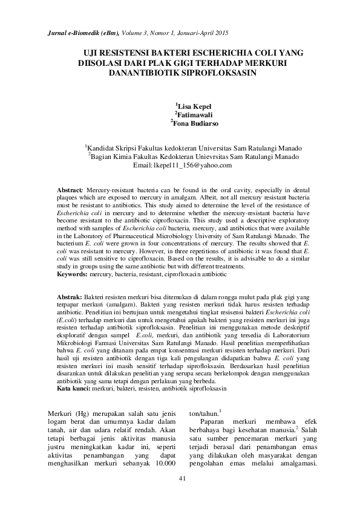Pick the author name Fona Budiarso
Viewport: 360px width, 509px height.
(x=194, y=124)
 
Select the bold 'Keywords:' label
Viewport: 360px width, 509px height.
(x=72, y=274)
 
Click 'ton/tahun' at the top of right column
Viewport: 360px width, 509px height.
(x=203, y=414)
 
